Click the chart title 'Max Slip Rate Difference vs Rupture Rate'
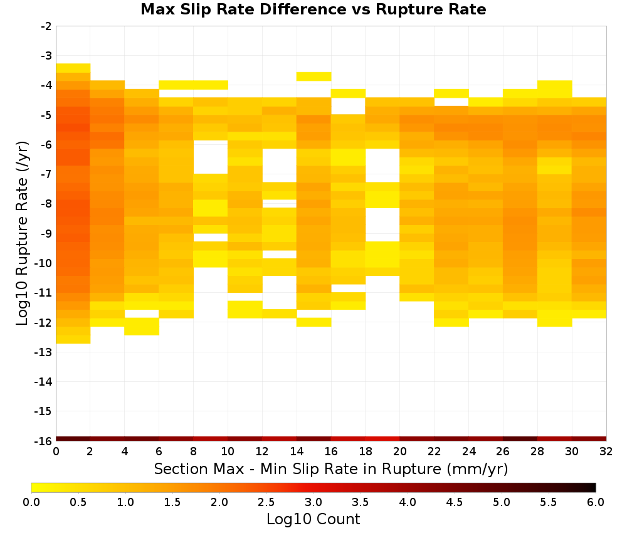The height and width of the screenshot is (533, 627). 313,9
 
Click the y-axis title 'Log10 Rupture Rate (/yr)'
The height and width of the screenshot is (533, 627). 23,233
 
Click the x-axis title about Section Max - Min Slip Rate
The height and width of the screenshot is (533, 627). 330,468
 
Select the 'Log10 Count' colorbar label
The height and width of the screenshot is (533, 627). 313,519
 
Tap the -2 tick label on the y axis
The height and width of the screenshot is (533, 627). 46,26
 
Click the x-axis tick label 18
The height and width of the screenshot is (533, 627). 365,451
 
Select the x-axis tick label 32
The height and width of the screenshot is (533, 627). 606,451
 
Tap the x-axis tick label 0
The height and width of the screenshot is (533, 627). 56,451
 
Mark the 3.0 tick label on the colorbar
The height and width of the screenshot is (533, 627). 313,502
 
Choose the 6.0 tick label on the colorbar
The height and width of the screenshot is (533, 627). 596,502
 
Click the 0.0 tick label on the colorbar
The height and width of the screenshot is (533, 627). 31,502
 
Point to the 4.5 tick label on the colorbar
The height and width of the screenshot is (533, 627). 454,502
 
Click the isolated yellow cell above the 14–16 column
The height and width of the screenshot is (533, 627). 313,77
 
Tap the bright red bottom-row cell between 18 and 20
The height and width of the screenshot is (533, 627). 382,439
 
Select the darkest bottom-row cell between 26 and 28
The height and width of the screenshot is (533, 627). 520,439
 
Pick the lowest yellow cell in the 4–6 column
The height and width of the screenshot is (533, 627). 142,327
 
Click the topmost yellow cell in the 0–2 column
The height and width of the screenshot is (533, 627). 73,68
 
